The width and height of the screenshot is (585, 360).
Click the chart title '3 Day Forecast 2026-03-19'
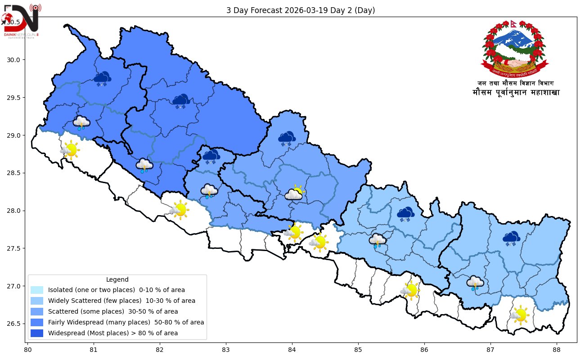point(300,10)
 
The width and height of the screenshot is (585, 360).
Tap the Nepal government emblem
point(515,49)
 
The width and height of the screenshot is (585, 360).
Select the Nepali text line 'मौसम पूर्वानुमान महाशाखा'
point(516,93)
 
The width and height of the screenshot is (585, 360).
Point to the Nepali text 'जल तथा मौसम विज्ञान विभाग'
point(515,83)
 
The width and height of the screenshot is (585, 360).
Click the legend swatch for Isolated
point(37,290)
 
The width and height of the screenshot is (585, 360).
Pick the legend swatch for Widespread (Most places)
point(37,333)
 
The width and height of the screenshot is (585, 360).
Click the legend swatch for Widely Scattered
point(37,301)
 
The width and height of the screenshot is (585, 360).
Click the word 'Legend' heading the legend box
point(117,279)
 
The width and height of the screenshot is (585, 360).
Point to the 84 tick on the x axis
point(292,349)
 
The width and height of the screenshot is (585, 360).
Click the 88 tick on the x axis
point(557,349)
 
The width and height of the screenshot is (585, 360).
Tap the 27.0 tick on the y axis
point(16,286)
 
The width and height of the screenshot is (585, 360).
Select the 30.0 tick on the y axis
point(16,60)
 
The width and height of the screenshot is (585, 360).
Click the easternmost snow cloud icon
point(511,238)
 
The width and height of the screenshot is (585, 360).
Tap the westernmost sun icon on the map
point(70,149)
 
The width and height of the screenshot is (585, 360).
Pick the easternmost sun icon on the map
point(520,315)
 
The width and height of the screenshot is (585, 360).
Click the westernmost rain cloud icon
point(81,122)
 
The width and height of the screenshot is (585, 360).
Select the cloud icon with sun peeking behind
point(294,193)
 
